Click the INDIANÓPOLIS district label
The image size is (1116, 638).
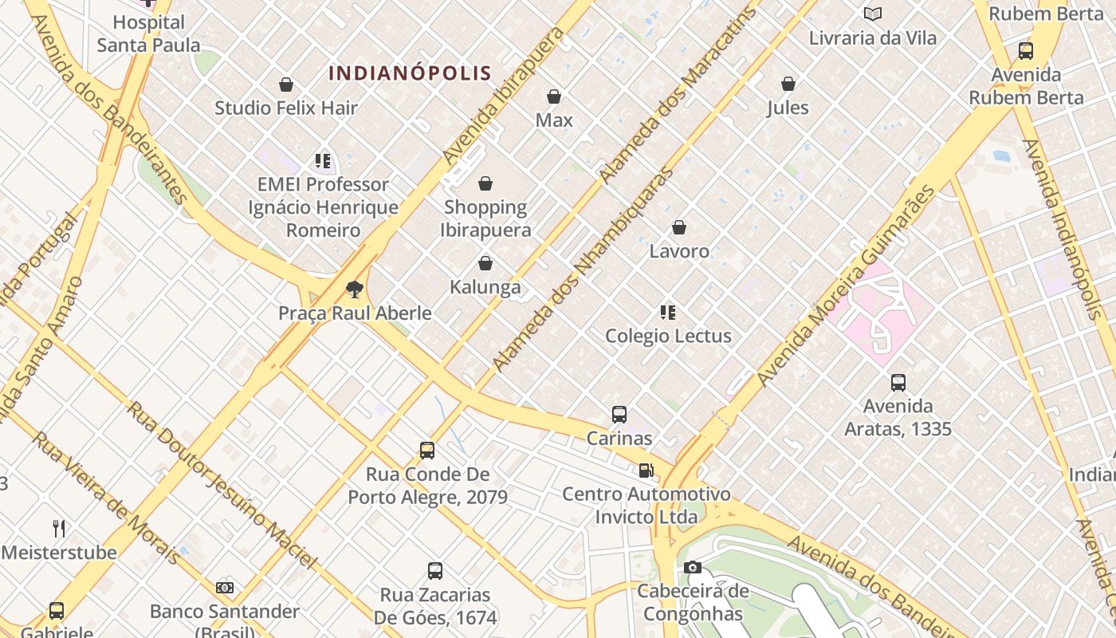tap(410, 73)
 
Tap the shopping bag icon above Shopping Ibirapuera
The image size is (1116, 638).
tap(485, 184)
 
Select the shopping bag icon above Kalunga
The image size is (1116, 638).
tap(485, 263)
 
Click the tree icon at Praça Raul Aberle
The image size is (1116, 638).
tap(355, 289)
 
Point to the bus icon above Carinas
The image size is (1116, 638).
tap(619, 415)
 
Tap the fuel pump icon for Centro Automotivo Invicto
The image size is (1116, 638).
tap(646, 471)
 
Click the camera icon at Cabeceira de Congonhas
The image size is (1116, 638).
tap(693, 568)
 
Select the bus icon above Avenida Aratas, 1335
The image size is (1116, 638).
tap(898, 382)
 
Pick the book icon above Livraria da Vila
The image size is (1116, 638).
tap(873, 14)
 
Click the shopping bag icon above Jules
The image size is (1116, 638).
tap(788, 84)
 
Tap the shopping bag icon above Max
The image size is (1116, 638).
tap(554, 96)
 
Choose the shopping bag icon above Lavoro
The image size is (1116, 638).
tap(679, 228)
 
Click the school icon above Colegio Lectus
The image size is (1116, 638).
tap(668, 312)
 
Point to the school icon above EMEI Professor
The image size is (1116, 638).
tap(323, 161)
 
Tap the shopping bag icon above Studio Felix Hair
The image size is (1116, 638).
tap(286, 85)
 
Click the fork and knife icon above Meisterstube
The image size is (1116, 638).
tap(59, 528)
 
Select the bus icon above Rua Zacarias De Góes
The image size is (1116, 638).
tap(434, 571)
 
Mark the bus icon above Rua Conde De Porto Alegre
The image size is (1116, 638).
tap(427, 451)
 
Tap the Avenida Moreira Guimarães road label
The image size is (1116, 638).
tap(847, 287)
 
